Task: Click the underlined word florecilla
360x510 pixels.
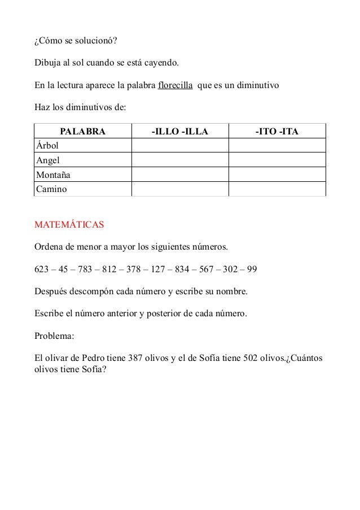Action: [x=175, y=86]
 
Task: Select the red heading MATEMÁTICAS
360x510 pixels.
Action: [x=69, y=225]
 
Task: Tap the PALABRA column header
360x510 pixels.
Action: [x=83, y=132]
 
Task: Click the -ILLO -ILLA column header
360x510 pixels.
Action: [x=179, y=132]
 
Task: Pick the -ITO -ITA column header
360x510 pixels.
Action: [x=276, y=132]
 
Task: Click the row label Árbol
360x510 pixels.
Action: [x=47, y=146]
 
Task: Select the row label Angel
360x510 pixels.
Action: [x=48, y=160]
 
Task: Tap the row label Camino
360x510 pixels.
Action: [x=51, y=189]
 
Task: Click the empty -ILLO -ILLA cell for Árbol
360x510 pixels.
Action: [x=179, y=146]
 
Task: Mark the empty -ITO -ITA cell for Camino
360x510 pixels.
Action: [x=276, y=189]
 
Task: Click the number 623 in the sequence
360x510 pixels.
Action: [x=42, y=269]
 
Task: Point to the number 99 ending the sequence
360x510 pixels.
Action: [x=252, y=269]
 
